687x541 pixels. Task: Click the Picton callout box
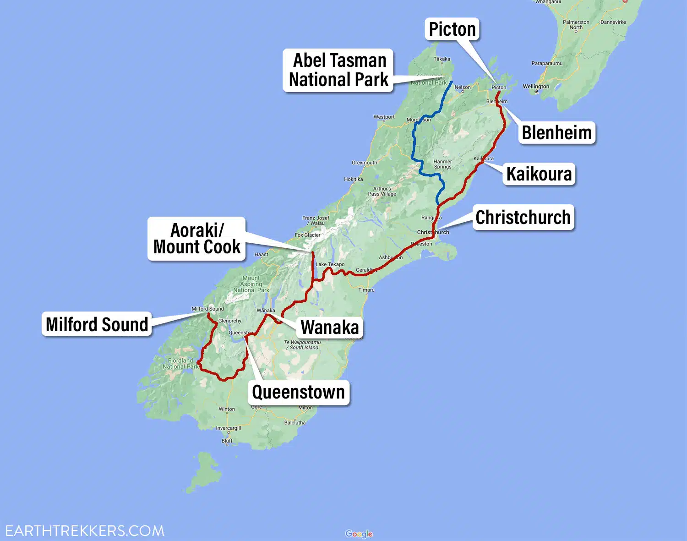(x=452, y=29)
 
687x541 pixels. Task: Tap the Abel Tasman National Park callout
(x=338, y=70)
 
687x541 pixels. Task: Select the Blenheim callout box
(x=556, y=133)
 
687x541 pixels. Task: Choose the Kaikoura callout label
(x=539, y=174)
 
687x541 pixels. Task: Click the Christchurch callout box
(x=523, y=218)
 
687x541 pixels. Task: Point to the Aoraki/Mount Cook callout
(x=197, y=239)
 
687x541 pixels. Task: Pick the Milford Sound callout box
(x=97, y=324)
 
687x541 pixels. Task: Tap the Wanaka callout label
(x=330, y=328)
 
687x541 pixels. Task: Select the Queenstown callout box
(x=299, y=392)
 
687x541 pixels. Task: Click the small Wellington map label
(x=536, y=87)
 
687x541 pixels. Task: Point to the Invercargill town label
(x=229, y=428)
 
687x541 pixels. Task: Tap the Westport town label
(x=384, y=117)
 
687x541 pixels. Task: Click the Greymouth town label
(x=364, y=163)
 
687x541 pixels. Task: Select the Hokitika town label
(x=353, y=179)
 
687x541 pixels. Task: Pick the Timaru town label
(x=366, y=290)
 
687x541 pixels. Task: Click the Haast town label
(x=261, y=254)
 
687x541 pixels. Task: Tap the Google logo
(x=359, y=534)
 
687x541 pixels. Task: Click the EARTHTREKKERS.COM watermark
(x=85, y=531)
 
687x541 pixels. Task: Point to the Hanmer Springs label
(x=442, y=164)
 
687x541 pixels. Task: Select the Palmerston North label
(x=576, y=25)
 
